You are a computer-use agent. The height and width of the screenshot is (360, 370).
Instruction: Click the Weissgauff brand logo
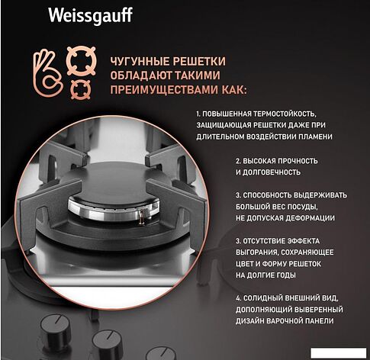(90, 16)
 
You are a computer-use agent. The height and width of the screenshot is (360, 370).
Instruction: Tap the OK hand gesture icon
(47, 73)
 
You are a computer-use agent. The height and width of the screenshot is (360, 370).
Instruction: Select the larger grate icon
(81, 61)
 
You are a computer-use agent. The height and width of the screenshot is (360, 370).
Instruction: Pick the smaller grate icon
(81, 89)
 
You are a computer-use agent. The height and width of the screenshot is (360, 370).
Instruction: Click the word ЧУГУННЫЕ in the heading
(140, 62)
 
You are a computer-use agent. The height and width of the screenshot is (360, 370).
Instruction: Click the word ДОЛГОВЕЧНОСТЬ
(272, 172)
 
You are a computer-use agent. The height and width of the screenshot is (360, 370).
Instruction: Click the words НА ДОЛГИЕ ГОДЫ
(265, 275)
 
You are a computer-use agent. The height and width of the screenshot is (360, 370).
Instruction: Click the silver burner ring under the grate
(114, 208)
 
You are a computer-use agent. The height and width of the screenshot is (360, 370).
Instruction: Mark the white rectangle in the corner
(338, 353)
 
